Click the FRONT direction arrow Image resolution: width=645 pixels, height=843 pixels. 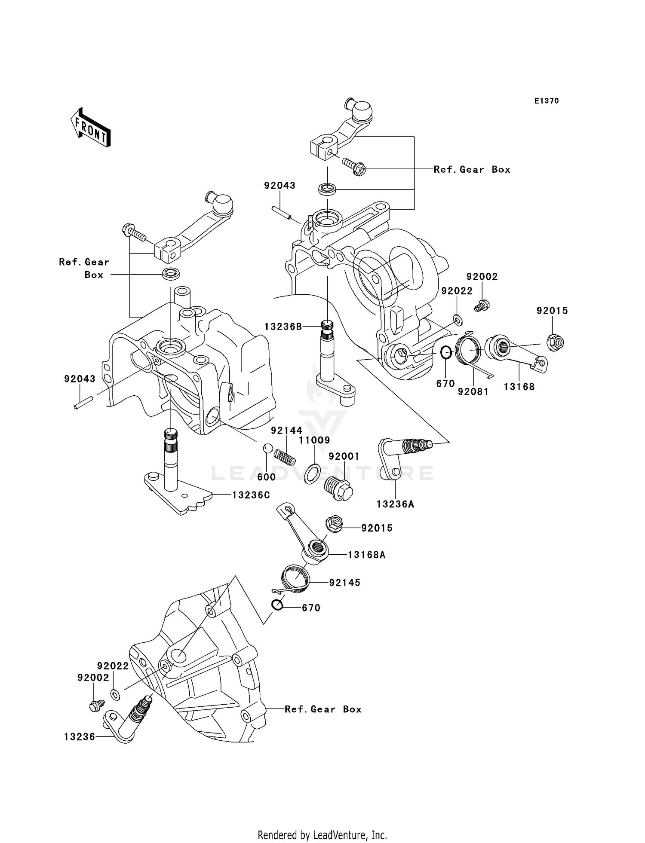91,128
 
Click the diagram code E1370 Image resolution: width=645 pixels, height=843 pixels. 547,101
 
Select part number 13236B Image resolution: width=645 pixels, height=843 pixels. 283,327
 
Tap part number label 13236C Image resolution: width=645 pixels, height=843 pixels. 251,495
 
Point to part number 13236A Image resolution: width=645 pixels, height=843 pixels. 395,504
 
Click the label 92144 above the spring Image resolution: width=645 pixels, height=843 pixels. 286,431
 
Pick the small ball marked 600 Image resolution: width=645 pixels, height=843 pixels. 267,448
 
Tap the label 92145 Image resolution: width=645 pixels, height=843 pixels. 345,583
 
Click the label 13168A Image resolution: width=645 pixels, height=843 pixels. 366,555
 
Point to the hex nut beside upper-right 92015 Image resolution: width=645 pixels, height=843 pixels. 556,342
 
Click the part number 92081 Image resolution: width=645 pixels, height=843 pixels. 473,392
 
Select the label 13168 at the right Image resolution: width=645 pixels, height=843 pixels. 519,387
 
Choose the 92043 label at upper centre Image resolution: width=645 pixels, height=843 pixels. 279,186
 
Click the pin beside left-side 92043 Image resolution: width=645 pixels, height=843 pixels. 83,404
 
